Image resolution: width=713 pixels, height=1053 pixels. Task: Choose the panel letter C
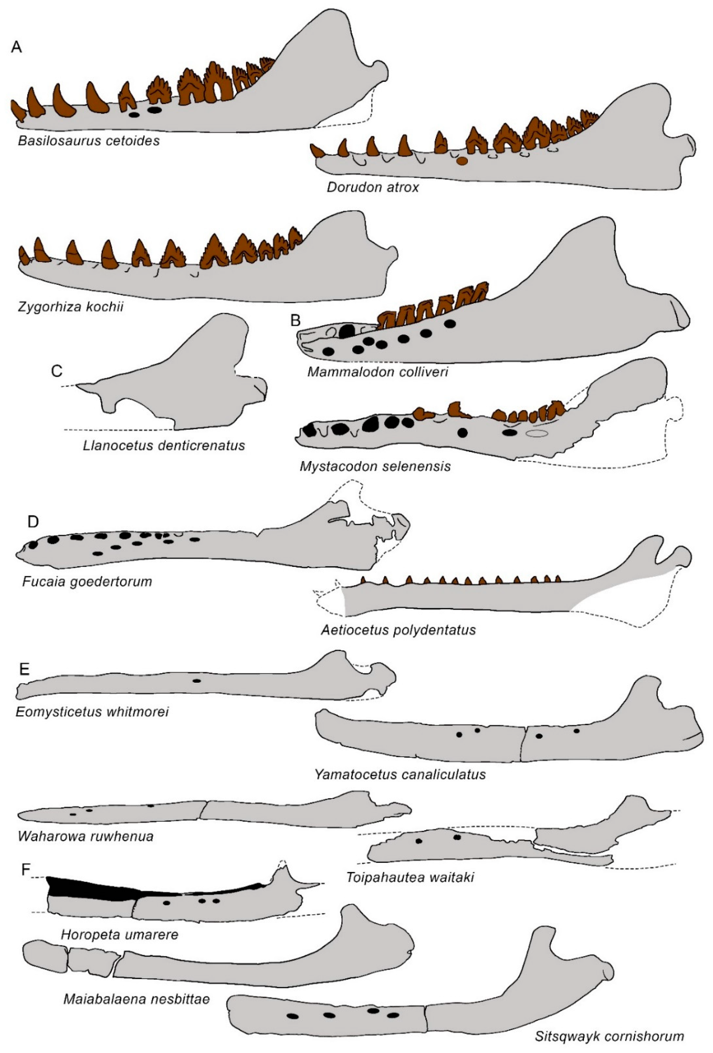click(57, 371)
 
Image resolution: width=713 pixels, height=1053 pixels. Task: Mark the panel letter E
click(24, 669)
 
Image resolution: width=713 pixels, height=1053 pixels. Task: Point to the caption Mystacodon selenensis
click(375, 466)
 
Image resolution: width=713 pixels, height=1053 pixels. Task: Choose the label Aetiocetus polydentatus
click(398, 630)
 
